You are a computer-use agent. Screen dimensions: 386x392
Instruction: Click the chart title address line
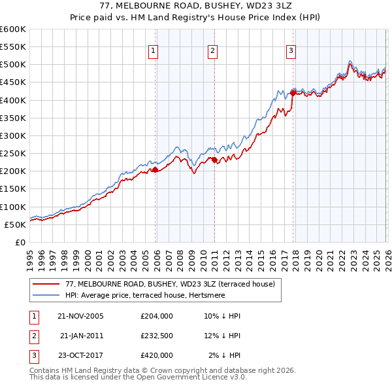[197, 6]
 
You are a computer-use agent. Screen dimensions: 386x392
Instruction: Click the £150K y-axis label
[13, 189]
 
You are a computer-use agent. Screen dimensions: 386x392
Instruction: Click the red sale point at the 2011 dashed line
[214, 160]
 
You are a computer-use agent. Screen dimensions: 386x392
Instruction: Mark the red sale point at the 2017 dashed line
[293, 93]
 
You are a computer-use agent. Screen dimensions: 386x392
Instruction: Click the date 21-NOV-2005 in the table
[81, 316]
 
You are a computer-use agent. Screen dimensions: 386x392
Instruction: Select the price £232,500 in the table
[156, 336]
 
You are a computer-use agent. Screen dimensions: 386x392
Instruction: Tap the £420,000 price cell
[156, 355]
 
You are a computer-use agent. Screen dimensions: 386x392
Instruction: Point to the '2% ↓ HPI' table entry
[225, 355]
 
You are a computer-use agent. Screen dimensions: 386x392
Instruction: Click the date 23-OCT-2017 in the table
[81, 355]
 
